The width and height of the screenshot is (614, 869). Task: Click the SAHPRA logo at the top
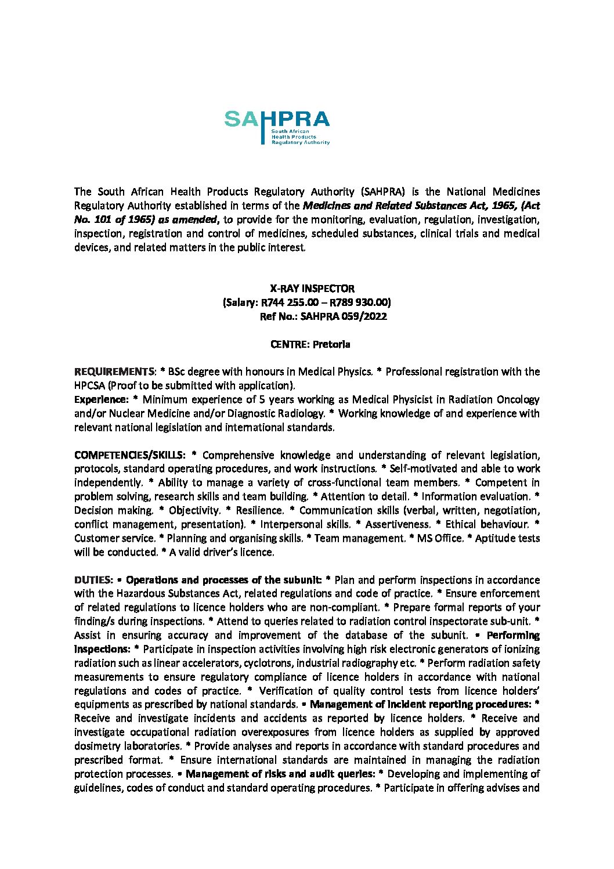tap(277, 127)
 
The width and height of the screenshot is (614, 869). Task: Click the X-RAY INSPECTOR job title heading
tap(312, 289)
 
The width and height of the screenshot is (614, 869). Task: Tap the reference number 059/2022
tap(365, 316)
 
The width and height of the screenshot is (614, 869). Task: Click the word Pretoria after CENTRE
tap(331, 344)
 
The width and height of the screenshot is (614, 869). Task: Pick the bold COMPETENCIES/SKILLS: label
tap(129, 455)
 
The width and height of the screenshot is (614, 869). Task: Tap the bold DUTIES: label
tap(93, 580)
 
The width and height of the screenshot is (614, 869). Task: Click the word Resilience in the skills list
tap(259, 510)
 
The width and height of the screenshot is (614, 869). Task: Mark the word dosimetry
tap(99, 746)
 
